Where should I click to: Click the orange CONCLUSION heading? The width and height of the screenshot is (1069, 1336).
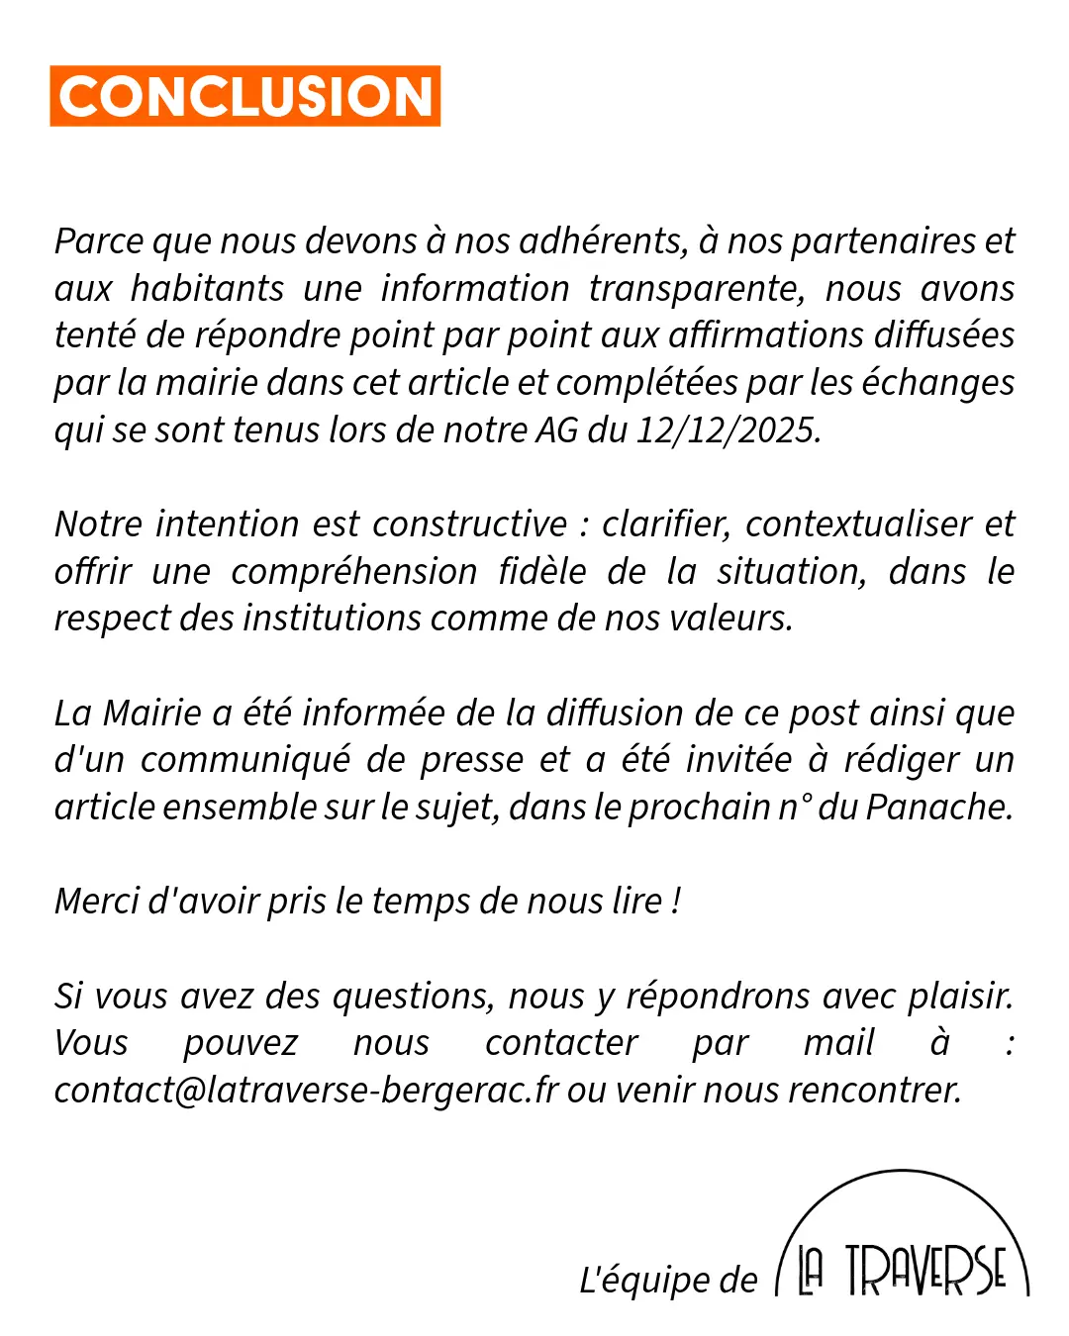pos(244,96)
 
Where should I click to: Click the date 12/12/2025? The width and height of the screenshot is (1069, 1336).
pos(728,430)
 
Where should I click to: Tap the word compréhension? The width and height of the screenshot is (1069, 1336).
pos(354,571)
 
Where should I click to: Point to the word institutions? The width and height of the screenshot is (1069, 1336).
pos(333,619)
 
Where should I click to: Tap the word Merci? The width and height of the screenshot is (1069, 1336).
pos(96,902)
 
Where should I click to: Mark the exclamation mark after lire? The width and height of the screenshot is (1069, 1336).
pos(676,902)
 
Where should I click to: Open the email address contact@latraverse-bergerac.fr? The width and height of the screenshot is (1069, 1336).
pos(306,1091)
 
